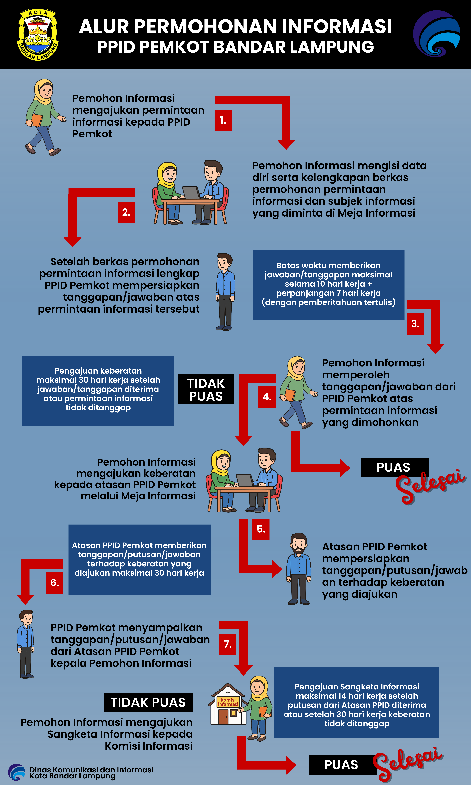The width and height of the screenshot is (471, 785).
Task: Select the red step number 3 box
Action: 415,324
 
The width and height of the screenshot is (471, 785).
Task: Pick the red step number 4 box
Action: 267,397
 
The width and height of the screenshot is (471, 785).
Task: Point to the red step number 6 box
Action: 55,583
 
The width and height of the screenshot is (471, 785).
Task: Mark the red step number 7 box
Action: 228,644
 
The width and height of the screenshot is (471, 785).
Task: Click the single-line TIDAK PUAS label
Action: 148,702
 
